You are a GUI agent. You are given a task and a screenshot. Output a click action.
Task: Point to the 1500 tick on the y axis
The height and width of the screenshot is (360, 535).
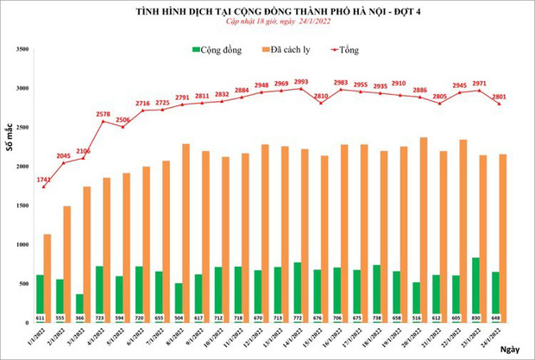(22, 205)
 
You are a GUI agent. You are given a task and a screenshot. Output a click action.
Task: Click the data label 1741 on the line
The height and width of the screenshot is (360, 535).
(43, 179)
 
